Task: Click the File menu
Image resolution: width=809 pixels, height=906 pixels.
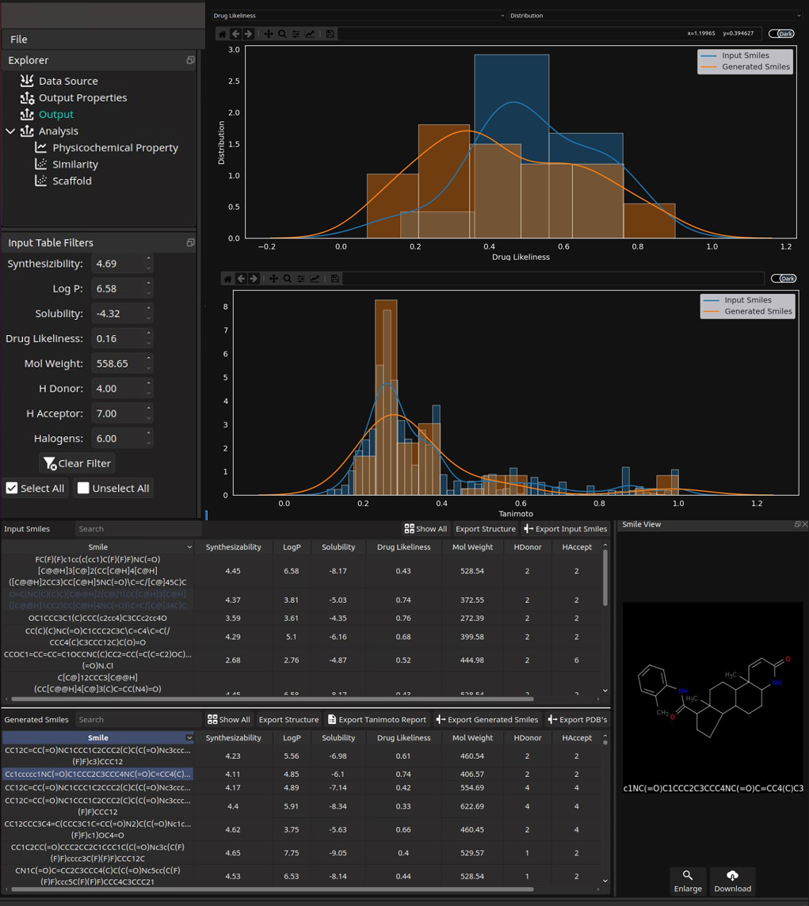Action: click(19, 39)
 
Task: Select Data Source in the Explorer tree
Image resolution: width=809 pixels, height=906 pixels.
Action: click(68, 81)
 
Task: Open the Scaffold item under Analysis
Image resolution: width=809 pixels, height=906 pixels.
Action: click(71, 181)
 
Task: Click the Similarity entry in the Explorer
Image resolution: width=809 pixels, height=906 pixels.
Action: click(74, 164)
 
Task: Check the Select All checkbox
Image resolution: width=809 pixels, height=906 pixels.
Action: click(12, 488)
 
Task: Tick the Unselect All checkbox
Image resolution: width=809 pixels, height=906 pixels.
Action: click(83, 488)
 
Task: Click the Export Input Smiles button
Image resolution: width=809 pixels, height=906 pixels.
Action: click(565, 529)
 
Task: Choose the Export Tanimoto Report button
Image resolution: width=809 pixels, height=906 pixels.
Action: click(376, 720)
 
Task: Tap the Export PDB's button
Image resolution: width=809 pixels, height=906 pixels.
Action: click(577, 720)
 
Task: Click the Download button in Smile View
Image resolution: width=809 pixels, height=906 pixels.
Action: click(732, 881)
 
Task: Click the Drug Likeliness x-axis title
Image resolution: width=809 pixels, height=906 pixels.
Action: click(521, 257)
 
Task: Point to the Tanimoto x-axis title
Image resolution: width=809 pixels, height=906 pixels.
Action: click(516, 513)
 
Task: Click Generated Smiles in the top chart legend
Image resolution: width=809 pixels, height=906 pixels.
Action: click(755, 67)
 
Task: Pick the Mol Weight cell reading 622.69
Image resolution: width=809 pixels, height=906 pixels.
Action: click(472, 806)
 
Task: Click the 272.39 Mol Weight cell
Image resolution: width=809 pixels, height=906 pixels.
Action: click(472, 618)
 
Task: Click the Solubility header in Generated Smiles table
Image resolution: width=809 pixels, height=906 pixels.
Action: click(338, 738)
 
